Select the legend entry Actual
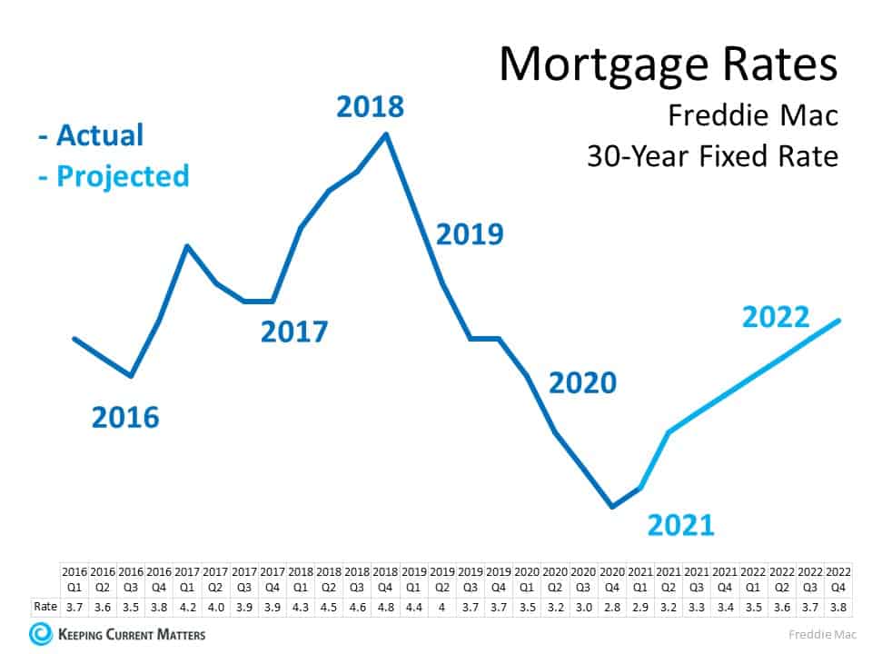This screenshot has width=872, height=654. (91, 135)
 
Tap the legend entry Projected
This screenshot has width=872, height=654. (114, 175)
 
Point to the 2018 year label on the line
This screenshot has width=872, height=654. (370, 106)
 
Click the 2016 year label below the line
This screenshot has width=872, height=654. (125, 417)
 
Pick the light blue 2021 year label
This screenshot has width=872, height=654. (680, 524)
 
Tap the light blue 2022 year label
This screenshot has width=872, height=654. (776, 317)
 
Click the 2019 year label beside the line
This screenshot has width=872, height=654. (470, 234)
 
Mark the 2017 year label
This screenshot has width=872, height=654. (293, 332)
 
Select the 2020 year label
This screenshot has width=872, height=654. (582, 382)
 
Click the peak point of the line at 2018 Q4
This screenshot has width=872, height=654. (387, 134)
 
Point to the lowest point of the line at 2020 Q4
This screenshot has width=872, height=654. (612, 506)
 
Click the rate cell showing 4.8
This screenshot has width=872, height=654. (385, 606)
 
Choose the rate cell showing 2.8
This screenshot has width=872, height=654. (612, 606)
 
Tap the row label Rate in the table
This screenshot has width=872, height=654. (45, 606)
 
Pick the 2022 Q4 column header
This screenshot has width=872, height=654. (837, 580)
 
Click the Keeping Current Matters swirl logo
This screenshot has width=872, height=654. (41, 633)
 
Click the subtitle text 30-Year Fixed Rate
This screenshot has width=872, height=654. (711, 156)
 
